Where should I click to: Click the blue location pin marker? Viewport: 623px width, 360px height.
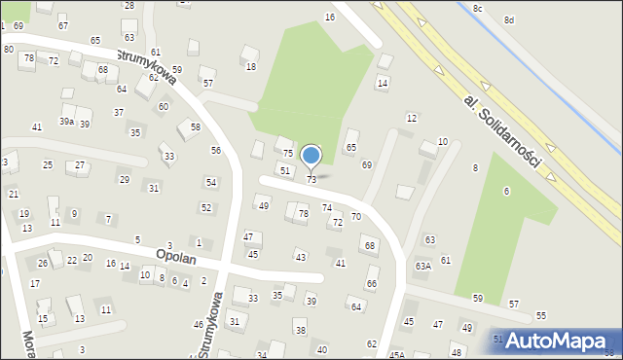311,156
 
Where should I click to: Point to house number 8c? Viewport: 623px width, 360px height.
477,8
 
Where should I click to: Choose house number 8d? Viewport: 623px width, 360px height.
509,19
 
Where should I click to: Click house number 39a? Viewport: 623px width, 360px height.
66,122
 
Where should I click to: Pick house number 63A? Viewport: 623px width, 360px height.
422,266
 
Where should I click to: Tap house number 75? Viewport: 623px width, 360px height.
288,154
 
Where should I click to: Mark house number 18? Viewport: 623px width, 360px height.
250,66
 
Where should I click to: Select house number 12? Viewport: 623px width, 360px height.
412,118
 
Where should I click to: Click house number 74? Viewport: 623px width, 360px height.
327,208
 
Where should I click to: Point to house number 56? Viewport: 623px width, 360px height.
216,150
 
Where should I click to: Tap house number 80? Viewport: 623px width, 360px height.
9,49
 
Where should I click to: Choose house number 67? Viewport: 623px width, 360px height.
63,25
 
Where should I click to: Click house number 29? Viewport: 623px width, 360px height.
124,179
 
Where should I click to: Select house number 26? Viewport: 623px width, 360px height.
43,264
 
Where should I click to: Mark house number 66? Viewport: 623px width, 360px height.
372,283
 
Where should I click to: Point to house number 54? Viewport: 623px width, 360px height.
210,182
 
